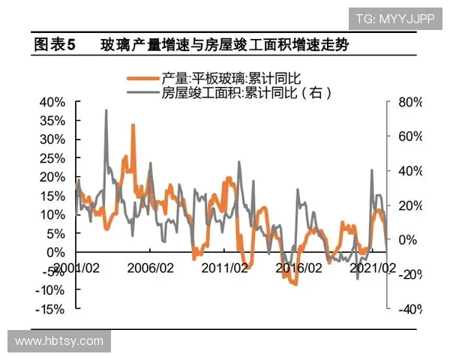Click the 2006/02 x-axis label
click(151, 267)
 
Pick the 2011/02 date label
click(225, 267)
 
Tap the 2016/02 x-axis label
click(299, 267)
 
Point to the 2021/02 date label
click(373, 267)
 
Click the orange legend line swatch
click(144, 78)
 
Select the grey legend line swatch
click(144, 94)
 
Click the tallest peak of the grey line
click(106, 110)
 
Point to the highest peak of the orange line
click(133, 125)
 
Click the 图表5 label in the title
click(55, 45)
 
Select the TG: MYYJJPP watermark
click(394, 18)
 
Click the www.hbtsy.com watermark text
click(59, 341)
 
